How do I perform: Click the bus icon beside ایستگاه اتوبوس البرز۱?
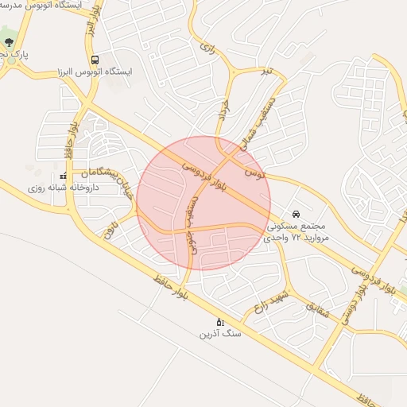tap(95, 60)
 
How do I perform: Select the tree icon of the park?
tap(9, 41)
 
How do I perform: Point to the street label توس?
tap(254, 172)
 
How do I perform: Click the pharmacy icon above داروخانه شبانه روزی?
tap(64, 176)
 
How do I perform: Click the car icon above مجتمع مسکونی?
tap(296, 214)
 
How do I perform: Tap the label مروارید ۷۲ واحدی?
tap(296, 238)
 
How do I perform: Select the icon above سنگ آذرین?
tap(220, 321)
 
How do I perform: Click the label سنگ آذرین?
tap(220, 335)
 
